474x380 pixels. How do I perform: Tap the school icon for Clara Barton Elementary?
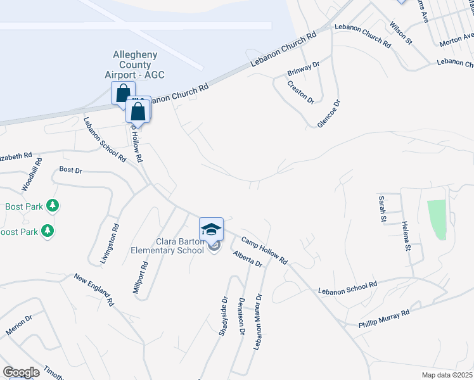211,229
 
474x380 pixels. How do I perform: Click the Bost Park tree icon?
53,206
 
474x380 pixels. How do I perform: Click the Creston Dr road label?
300,92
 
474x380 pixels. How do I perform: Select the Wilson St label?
400,34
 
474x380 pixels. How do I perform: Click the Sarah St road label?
383,210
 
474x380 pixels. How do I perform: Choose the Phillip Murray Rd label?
383,317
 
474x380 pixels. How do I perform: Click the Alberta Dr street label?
247,258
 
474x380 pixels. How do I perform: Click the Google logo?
21,372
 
